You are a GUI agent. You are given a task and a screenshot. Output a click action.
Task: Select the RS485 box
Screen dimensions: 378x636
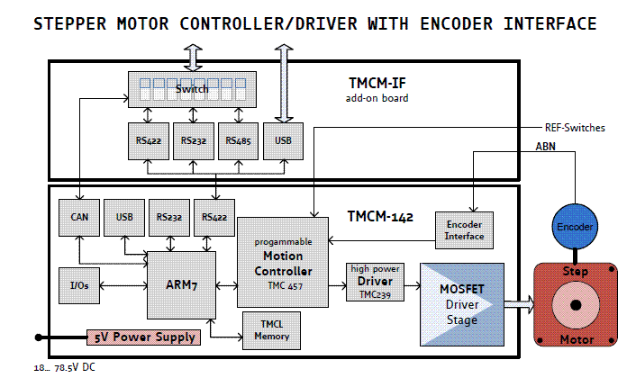pos(238,141)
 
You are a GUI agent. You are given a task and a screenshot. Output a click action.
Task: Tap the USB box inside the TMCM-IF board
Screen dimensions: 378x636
pos(282,141)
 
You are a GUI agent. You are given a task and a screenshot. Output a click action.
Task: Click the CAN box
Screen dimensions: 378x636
pos(79,218)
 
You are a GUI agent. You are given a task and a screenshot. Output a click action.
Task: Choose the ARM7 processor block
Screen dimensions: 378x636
pos(181,285)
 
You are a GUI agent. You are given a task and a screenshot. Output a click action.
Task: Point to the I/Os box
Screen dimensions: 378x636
pos(79,285)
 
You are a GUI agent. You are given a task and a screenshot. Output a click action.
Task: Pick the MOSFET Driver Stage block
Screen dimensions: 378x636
pos(462,303)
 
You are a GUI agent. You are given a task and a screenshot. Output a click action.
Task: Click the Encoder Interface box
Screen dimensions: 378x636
pos(465,231)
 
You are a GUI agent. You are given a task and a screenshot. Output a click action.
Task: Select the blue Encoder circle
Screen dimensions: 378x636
pos(575,227)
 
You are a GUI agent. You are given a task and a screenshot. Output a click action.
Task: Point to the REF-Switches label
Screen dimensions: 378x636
pos(575,128)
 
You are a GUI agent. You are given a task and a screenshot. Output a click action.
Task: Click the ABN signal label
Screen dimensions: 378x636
pos(545,145)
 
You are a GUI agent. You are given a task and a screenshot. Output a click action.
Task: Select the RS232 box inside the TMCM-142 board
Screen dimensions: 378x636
pos(168,218)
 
